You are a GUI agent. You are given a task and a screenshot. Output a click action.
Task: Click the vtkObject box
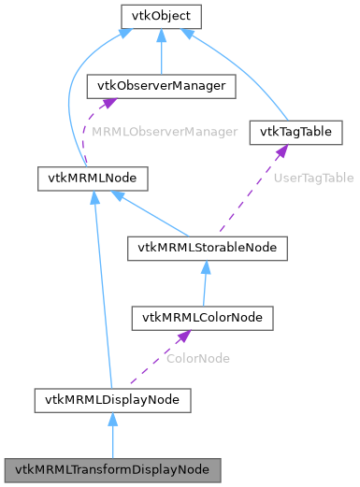162,16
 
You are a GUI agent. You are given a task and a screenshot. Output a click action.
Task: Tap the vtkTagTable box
295,133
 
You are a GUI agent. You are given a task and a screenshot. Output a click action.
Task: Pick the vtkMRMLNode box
75,175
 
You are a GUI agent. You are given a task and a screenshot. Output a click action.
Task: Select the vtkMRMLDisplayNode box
112,400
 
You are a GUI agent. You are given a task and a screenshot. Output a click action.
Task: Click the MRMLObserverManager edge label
165,133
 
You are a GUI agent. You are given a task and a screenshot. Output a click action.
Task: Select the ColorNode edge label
197,358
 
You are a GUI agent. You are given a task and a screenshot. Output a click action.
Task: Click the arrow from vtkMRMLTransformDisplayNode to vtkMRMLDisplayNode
112,436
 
